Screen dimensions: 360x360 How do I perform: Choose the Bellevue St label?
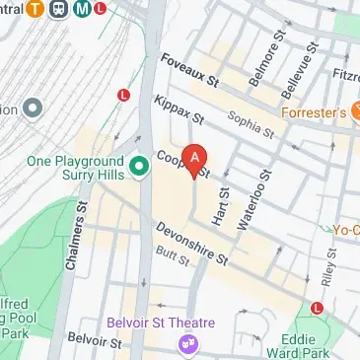[x=295, y=67]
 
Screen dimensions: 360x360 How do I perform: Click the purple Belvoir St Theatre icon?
[x=184, y=343]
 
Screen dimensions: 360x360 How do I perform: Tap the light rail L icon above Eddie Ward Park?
[x=317, y=308]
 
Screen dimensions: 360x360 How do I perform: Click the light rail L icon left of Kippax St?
[x=124, y=95]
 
